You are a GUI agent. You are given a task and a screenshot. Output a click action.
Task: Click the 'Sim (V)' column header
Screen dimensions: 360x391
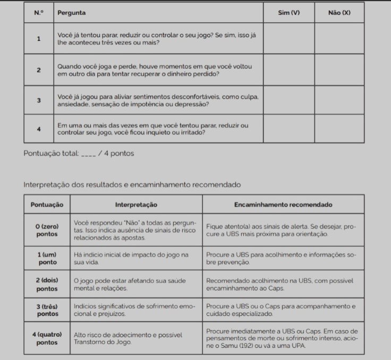(289, 12)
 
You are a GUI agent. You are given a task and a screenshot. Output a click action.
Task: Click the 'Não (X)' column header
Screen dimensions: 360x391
(339, 12)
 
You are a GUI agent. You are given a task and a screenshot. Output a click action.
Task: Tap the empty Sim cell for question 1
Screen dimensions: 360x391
(289, 38)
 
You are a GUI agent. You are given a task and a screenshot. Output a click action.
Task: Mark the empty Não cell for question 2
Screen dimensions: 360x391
(339, 70)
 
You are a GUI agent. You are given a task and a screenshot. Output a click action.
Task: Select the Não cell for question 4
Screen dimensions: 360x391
(339, 128)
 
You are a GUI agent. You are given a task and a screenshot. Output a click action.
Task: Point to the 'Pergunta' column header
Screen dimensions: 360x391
(72, 12)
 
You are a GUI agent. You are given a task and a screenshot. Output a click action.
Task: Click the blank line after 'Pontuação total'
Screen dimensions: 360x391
(88, 155)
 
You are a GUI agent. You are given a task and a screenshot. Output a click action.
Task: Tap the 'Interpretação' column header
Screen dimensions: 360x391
(136, 204)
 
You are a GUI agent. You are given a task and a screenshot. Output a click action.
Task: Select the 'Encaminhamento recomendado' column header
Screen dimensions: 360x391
(283, 204)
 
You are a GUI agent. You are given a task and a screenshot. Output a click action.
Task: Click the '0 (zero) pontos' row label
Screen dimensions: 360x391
(47, 230)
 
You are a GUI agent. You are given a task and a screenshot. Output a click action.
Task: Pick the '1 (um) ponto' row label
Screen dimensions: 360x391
(47, 259)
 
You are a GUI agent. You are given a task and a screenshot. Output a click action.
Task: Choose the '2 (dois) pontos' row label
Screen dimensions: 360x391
(47, 284)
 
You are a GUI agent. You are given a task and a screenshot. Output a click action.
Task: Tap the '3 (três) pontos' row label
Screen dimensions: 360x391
(47, 310)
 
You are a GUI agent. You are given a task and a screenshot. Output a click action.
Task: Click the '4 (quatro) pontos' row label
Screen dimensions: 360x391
(47, 338)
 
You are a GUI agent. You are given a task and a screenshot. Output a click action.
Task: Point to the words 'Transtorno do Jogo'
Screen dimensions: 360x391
(101, 342)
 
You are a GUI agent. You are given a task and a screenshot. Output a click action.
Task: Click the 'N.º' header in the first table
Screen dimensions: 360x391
(39, 12)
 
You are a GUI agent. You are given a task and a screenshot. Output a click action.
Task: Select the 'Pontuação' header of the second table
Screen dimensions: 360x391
(47, 204)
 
